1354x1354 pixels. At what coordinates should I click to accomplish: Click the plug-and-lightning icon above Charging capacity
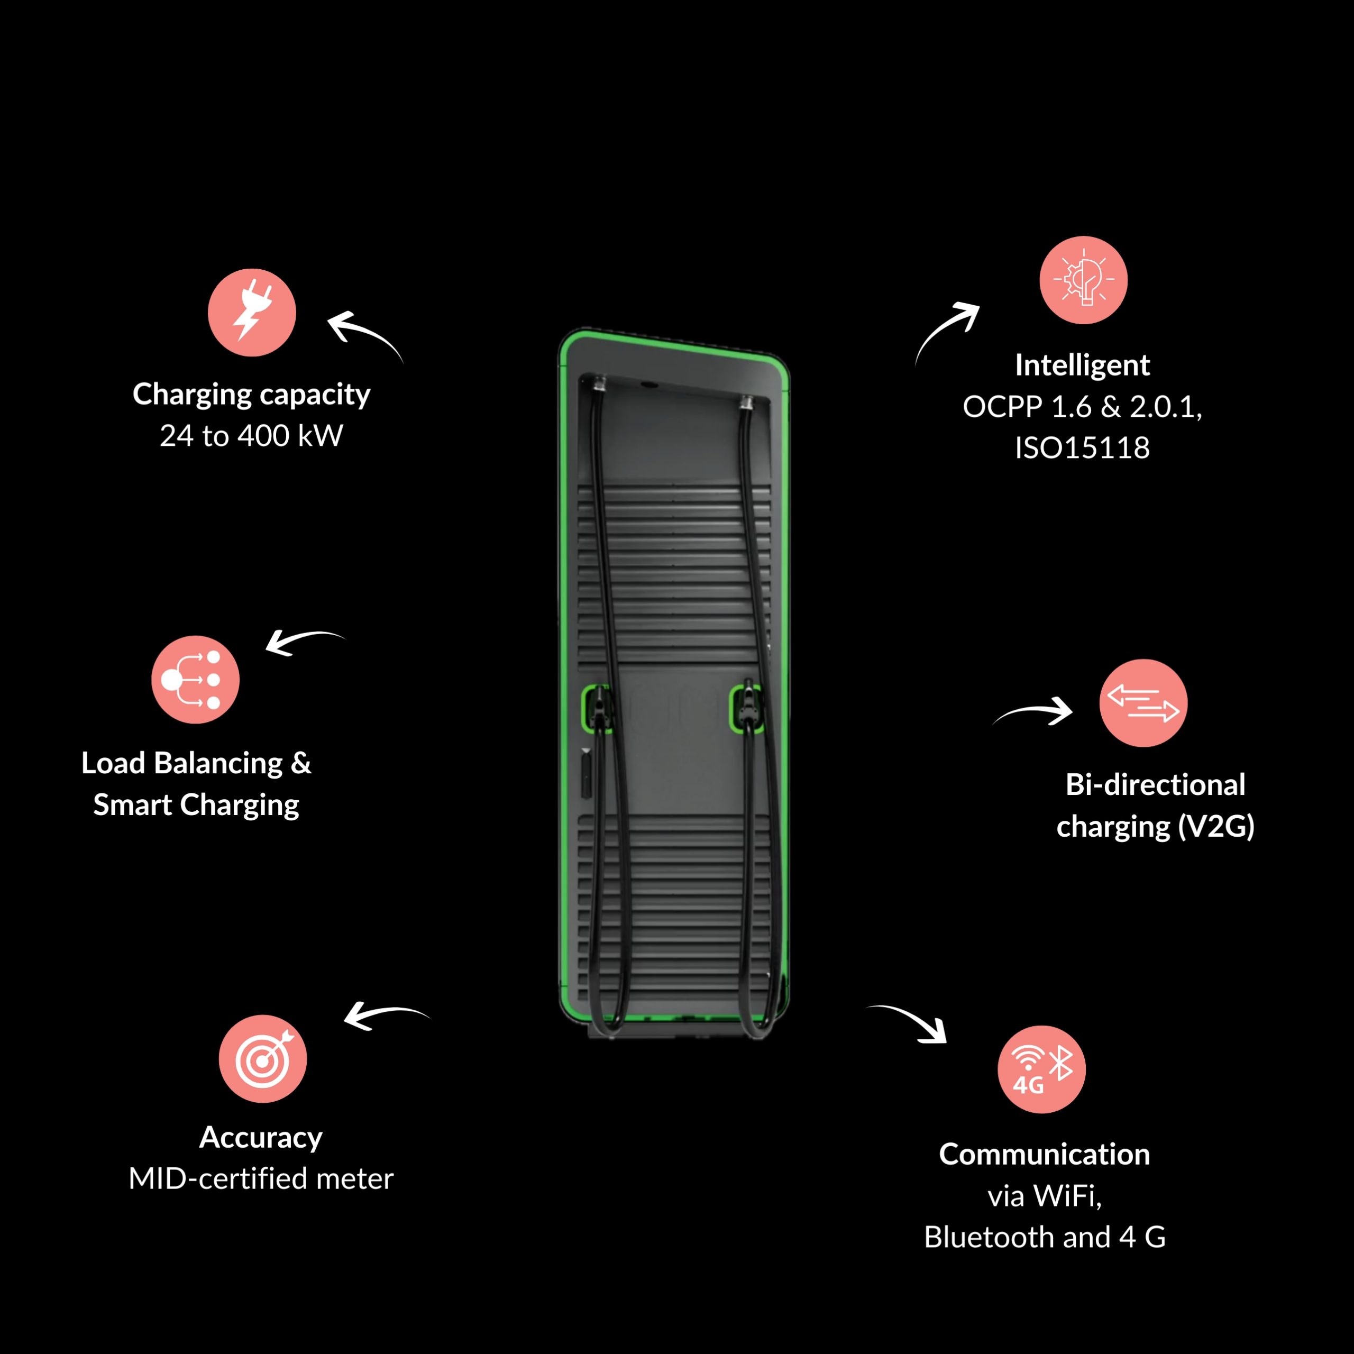click(252, 313)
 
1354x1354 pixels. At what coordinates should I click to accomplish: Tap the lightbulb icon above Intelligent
click(1083, 280)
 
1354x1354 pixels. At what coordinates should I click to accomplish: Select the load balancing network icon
click(196, 679)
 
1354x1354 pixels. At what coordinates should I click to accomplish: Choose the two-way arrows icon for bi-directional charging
click(1143, 703)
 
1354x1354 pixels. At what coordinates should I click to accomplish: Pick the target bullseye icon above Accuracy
click(263, 1058)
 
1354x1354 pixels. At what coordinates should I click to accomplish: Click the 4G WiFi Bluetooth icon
click(1041, 1069)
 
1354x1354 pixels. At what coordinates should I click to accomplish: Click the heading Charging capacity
click(252, 395)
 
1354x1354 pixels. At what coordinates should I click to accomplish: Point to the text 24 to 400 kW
click(252, 436)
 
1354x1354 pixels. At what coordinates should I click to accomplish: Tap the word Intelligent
click(1082, 365)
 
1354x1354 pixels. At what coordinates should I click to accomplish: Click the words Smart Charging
click(196, 804)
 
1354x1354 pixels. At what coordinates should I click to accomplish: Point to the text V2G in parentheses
click(1216, 826)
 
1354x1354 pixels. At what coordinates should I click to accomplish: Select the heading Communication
click(1044, 1154)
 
